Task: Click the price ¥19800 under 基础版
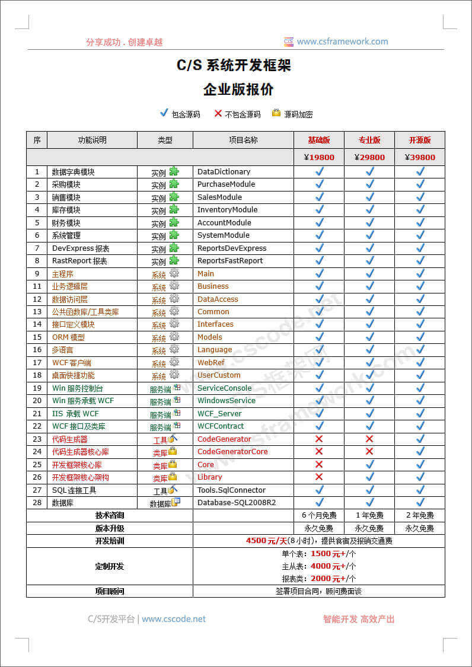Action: tap(319, 158)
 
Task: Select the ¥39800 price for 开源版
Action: tap(420, 158)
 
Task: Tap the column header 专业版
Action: tap(369, 141)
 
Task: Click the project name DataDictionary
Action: tap(224, 172)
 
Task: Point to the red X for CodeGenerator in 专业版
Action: tap(369, 439)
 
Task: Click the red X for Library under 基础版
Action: tap(319, 477)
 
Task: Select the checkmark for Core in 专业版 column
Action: tap(369, 464)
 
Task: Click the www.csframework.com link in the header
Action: tap(342, 42)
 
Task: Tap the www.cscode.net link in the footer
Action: tap(174, 619)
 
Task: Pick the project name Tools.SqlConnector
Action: tap(232, 490)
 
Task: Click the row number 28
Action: tap(37, 503)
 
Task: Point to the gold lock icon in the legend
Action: tap(276, 113)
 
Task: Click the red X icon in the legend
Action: tap(218, 113)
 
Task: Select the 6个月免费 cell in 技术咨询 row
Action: tap(319, 516)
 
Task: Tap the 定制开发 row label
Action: tap(110, 566)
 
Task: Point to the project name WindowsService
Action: tap(227, 401)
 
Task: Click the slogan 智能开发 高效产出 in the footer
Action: tap(359, 619)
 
